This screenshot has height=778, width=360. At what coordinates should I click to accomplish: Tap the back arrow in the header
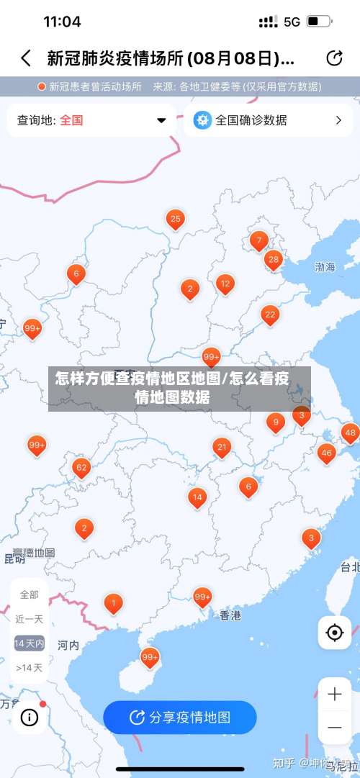pos(26,58)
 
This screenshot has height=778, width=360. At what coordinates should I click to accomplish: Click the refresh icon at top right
pos(334,58)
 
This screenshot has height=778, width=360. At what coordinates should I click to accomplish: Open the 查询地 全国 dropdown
pos(91,120)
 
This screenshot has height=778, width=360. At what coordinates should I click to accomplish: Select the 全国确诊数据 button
pos(267,120)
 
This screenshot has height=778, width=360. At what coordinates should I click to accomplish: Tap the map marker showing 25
pos(175,219)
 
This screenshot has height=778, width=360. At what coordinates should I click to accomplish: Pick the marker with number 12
pos(225,284)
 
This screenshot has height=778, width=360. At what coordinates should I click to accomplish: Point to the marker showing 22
pos(270,315)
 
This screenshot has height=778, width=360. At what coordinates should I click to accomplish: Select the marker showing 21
pos(222,448)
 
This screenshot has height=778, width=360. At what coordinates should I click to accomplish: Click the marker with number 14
pos(197,497)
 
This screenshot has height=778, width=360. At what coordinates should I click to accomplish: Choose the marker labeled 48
pos(350,433)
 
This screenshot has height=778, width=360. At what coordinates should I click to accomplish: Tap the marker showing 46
pos(327,453)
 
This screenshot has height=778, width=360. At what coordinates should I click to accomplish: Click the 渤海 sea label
pos(325,267)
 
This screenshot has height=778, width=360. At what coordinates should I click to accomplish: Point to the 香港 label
pos(230,616)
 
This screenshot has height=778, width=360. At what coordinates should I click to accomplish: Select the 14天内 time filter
pos(30,643)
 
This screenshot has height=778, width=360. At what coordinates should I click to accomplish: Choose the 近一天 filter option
pos(30,619)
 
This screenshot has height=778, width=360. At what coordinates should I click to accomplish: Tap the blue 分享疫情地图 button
pos(180,717)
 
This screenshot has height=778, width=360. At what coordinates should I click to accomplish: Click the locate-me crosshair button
pos(334,633)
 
